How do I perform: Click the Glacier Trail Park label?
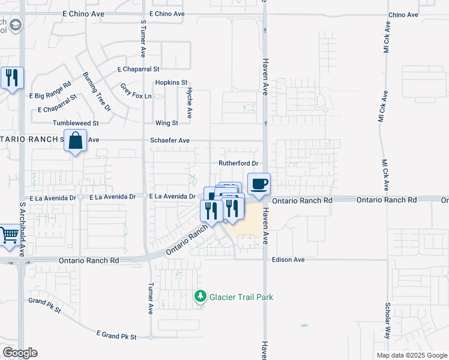(x=241, y=296)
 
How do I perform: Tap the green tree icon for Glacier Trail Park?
(x=200, y=296)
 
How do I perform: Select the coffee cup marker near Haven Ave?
(x=259, y=184)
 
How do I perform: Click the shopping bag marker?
(x=75, y=142)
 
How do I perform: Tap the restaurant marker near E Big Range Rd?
(x=12, y=78)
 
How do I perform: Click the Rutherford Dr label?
(x=238, y=163)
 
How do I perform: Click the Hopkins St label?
(x=171, y=82)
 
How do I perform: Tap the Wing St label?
(x=166, y=123)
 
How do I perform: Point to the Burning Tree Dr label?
(x=97, y=91)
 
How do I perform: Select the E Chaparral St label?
(x=138, y=70)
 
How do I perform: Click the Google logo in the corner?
(x=20, y=353)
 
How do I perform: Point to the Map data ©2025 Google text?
(x=411, y=355)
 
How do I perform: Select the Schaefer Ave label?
(x=170, y=140)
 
